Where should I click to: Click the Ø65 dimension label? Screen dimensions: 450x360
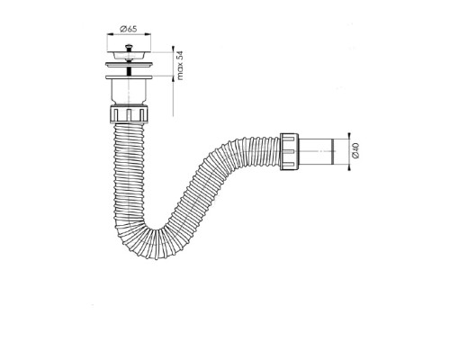pos(129,29)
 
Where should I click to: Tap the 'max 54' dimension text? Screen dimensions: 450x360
pos(180,66)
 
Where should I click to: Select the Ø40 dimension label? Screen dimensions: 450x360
pos(355,151)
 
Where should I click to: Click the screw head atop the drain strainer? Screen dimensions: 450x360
pos(129,47)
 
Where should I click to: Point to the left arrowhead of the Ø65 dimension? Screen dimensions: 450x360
pos(109,34)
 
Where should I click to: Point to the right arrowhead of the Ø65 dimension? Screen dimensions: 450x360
pos(148,34)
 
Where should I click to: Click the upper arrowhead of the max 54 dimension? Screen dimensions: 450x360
pos(173,49)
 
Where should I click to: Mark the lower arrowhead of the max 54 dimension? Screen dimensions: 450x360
pos(173,78)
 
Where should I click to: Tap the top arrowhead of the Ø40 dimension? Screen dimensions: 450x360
pos(349,136)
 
